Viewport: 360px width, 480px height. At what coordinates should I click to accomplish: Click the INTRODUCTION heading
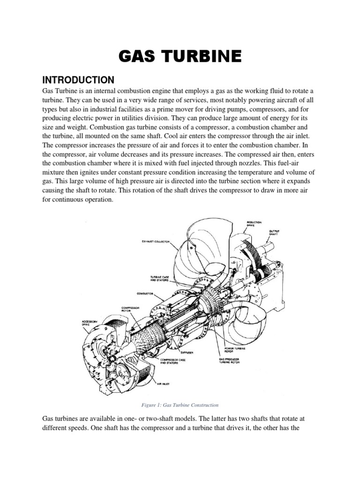coord(78,79)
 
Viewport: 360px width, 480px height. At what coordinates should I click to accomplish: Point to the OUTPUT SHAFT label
coord(275,232)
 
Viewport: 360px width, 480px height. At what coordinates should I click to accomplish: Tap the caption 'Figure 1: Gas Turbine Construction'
coord(180,405)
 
